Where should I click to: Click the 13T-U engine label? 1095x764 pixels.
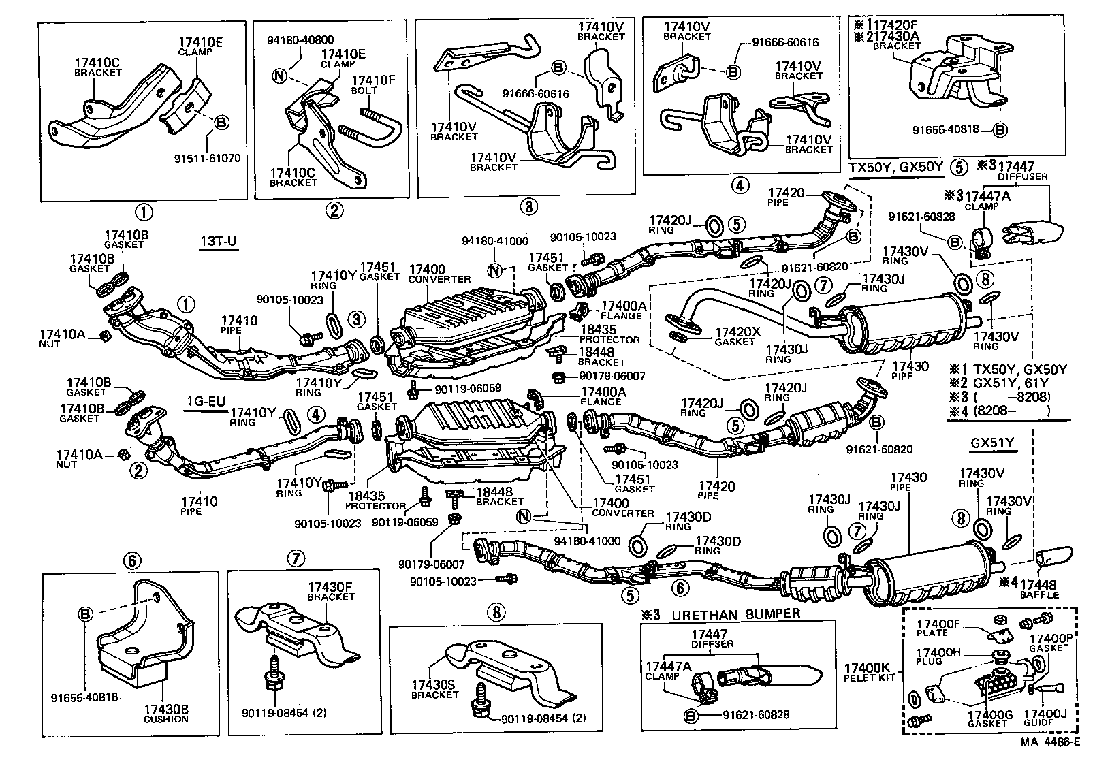219,242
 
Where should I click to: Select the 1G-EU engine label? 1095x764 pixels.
206,401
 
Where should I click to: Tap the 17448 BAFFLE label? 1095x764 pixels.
1039,589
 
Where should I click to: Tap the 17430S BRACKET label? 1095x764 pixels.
435,690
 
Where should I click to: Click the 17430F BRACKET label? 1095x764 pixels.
331,591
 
